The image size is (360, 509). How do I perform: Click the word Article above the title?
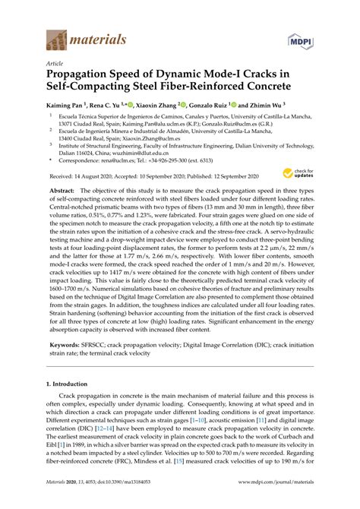click(x=55, y=65)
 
